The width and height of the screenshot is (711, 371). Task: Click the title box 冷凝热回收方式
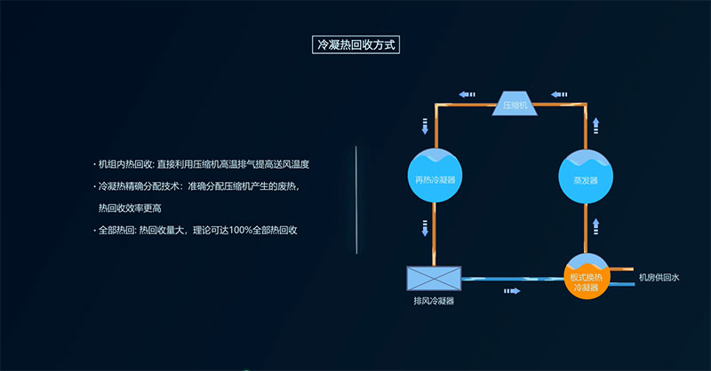pyautogui.click(x=355, y=43)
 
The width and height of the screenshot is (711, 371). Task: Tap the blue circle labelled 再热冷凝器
pyautogui.click(x=435, y=178)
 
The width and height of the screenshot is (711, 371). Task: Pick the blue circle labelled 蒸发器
pyautogui.click(x=586, y=178)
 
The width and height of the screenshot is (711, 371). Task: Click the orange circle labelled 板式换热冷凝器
pyautogui.click(x=591, y=280)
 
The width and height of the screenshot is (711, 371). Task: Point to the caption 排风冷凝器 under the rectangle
pyautogui.click(x=434, y=302)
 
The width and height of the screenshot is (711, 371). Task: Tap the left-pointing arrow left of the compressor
pyautogui.click(x=467, y=92)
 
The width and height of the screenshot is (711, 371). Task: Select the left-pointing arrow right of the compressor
pyautogui.click(x=559, y=92)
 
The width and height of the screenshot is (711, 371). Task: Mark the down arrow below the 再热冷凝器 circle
pyautogui.click(x=425, y=229)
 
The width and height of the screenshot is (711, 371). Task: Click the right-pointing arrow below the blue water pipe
pyautogui.click(x=512, y=290)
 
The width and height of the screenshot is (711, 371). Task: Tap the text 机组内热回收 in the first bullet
pyautogui.click(x=125, y=164)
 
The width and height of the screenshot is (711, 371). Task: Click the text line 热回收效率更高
pyautogui.click(x=130, y=208)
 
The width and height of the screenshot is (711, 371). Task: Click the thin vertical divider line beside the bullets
pyautogui.click(x=356, y=200)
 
